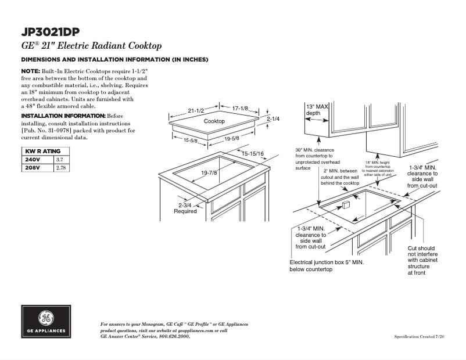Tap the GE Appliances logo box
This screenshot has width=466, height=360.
[46, 321]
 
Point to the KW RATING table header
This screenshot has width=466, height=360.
[40, 151]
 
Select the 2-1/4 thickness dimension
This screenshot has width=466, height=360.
[274, 118]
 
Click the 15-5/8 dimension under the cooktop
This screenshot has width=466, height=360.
[191, 141]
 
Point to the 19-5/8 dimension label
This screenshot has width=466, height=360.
[231, 138]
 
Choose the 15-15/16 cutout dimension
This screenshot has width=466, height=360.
[253, 153]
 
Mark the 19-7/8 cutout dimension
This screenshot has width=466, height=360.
[209, 173]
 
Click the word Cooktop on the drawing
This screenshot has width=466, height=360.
[214, 121]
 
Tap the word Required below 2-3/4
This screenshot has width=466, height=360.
[185, 211]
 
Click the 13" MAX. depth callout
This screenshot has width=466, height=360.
[317, 110]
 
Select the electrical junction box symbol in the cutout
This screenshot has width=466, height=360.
[343, 207]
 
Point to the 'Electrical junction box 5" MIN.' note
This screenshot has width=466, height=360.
[327, 266]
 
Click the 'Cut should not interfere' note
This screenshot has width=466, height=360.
[422, 260]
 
